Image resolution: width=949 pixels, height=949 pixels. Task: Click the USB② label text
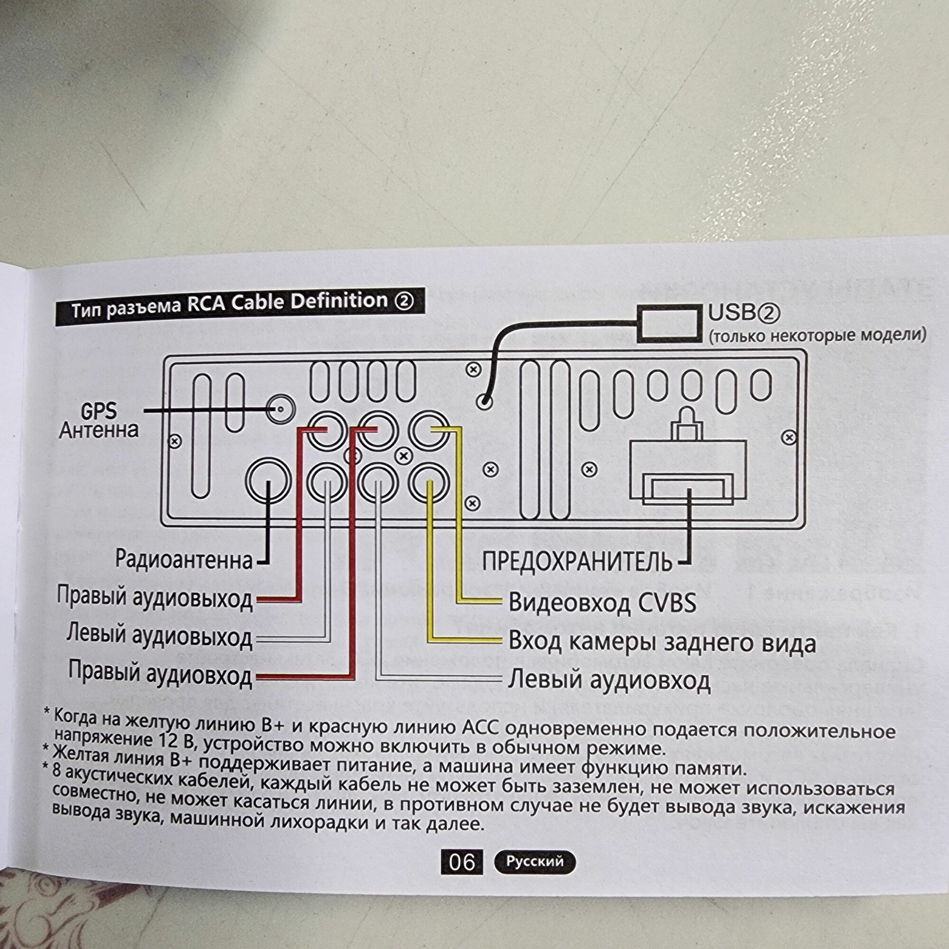click(x=744, y=313)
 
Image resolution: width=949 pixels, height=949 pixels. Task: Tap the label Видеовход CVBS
click(x=602, y=603)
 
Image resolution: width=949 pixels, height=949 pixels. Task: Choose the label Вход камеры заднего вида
click(x=661, y=643)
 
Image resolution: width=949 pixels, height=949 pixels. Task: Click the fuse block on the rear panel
click(x=688, y=472)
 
